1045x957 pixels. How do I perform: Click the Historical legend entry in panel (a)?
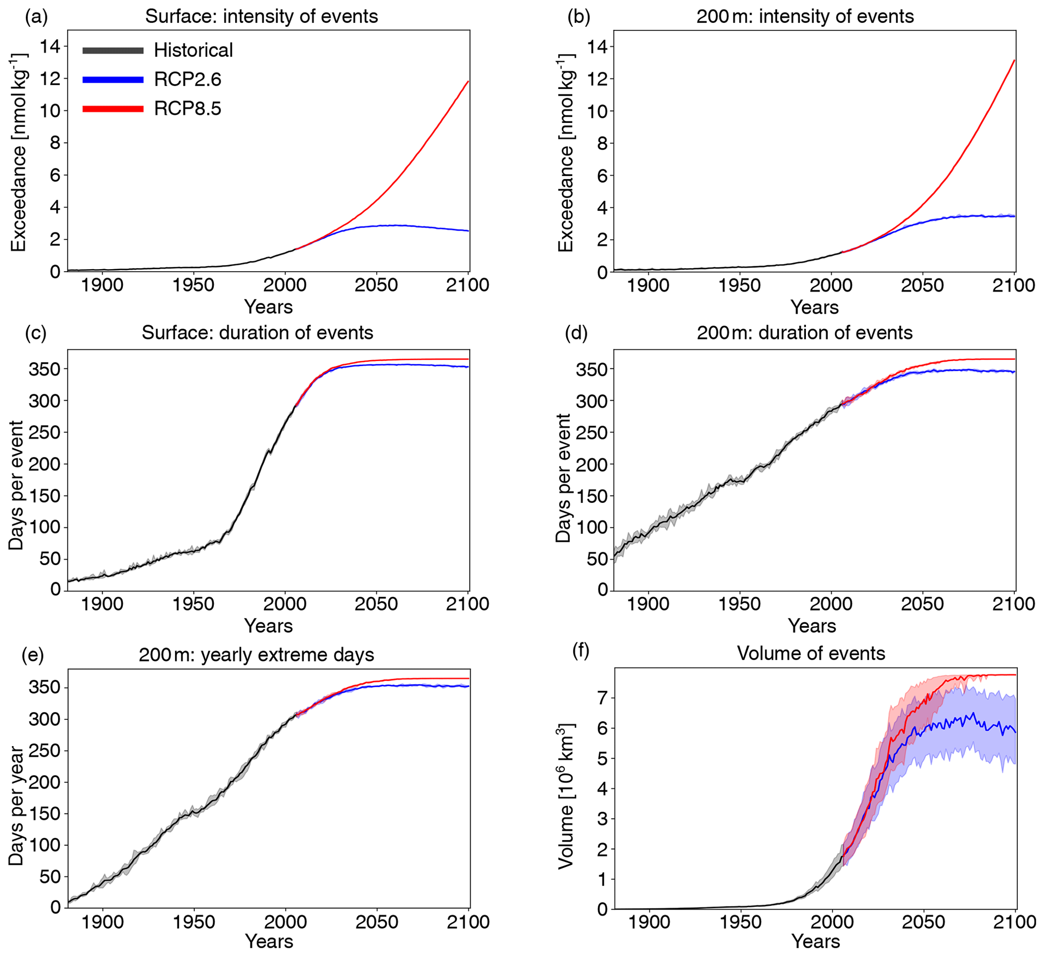click(x=193, y=50)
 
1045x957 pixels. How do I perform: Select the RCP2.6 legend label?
click(x=187, y=79)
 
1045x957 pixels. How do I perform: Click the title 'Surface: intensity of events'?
click(x=261, y=17)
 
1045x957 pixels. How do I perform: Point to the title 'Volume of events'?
click(x=811, y=653)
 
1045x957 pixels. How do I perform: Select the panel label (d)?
click(x=576, y=333)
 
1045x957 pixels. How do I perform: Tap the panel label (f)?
click(x=580, y=651)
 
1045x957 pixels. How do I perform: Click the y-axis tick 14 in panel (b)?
click(x=597, y=47)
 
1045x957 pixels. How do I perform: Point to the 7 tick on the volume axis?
click(x=602, y=698)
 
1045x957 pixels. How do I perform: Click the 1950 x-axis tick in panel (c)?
click(x=193, y=604)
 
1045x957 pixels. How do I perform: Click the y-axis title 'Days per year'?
click(x=17, y=806)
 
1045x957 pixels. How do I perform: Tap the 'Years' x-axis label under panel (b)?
click(x=814, y=308)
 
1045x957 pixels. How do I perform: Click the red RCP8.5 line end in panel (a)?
click(x=468, y=81)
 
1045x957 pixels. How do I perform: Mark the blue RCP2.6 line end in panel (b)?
click(x=1014, y=216)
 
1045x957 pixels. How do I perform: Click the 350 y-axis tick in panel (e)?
click(x=44, y=688)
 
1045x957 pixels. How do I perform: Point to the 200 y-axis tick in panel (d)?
click(x=591, y=465)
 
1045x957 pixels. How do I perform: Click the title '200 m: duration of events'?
click(x=804, y=333)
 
